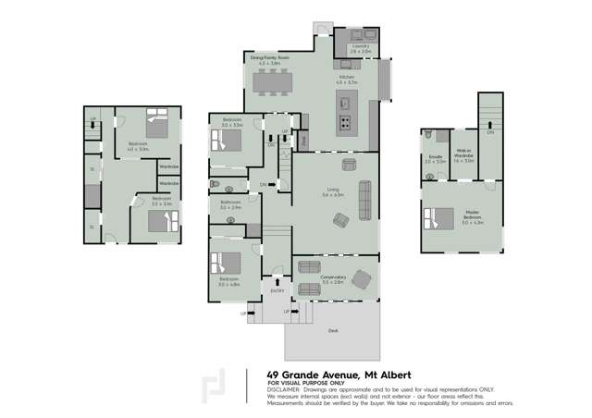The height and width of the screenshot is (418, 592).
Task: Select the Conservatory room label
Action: (333, 277)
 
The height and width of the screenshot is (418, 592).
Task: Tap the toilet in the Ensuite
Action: (431, 135)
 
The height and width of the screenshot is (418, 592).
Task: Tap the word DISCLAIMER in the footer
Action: (285, 389)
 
